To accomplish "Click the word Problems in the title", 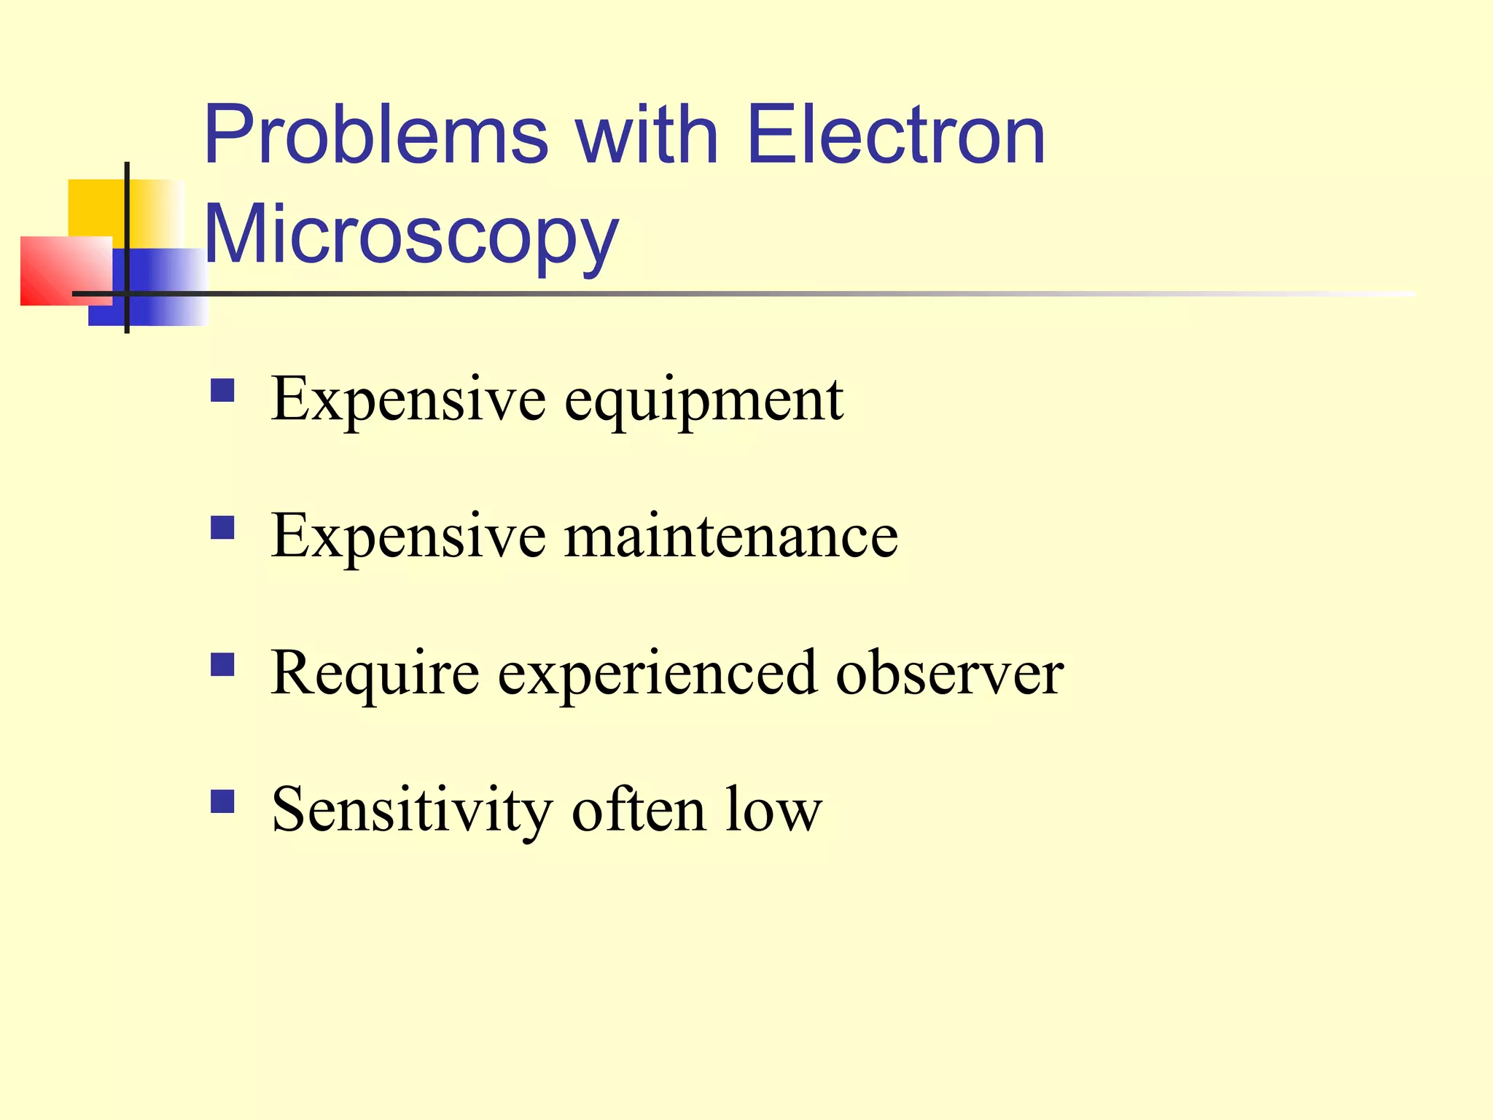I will pos(376,136).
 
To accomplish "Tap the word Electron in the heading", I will pos(896,136).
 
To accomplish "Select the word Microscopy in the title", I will pos(411,236).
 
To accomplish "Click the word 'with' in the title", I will pos(647,136).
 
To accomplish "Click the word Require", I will pos(375,673).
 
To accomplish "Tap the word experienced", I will pos(657,673).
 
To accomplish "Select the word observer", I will pos(949,673).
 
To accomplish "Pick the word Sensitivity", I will pos(412,810).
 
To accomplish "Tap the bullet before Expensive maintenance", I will pos(222,527).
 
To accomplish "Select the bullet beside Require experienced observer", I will pos(222,664).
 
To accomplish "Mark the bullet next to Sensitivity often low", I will pos(222,801).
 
